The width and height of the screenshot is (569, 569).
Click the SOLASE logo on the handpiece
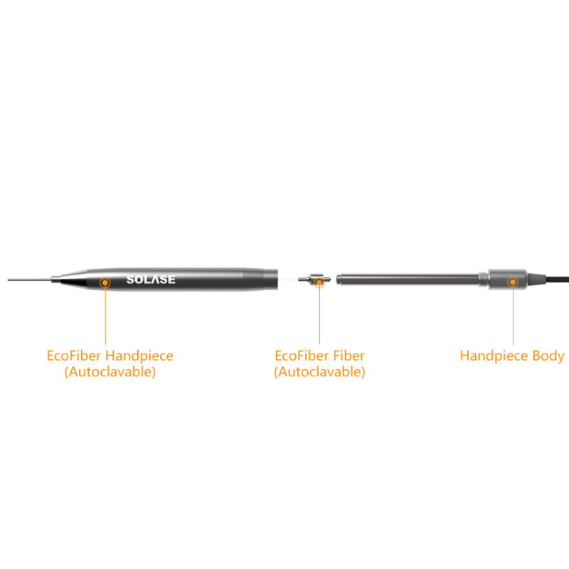point(151,280)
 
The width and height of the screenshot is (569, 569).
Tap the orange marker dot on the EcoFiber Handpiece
point(105,282)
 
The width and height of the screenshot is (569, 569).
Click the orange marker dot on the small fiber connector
point(319,282)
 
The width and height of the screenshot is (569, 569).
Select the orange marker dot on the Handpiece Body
point(512,282)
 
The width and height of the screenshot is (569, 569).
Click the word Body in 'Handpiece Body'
point(546,356)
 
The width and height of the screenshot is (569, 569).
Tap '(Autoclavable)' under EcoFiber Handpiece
point(110,371)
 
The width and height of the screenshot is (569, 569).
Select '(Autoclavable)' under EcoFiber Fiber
point(319,371)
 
